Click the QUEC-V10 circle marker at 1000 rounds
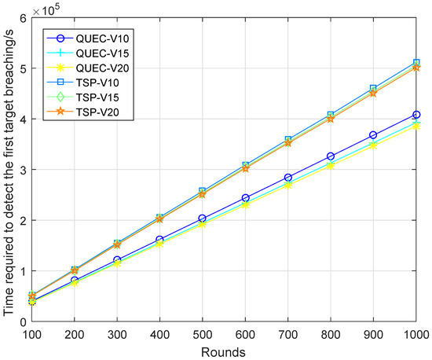[416, 115]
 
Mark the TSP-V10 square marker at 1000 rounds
[416, 62]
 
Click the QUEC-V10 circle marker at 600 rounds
[246, 198]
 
